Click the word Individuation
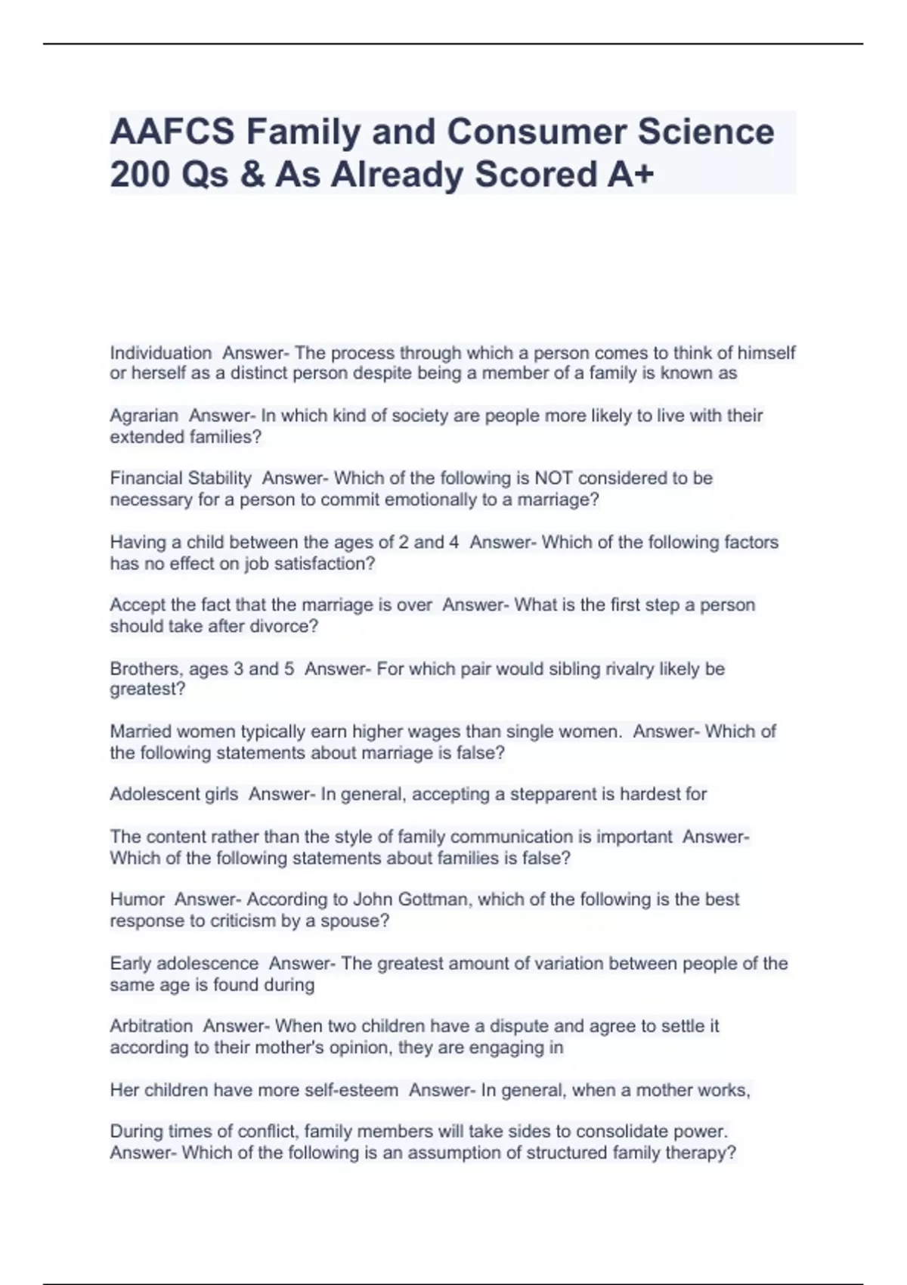[160, 353]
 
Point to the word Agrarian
[144, 416]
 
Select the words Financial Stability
[181, 478]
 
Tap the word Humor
[137, 899]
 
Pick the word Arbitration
[151, 1026]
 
